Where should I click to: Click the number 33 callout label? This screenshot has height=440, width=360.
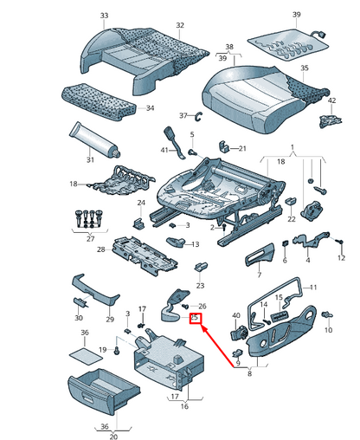(104, 16)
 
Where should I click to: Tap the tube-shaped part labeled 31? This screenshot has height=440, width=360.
(94, 140)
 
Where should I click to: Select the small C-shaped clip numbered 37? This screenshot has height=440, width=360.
(199, 116)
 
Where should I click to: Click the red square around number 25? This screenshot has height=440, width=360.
(195, 319)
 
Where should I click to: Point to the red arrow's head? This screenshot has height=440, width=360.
(204, 328)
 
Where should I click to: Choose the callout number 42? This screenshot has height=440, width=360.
(332, 100)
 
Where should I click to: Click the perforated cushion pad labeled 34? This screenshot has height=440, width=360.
(99, 102)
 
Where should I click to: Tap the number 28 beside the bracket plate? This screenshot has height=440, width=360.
(100, 249)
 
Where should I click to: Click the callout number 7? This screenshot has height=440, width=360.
(259, 275)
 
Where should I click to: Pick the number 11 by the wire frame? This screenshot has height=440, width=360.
(313, 288)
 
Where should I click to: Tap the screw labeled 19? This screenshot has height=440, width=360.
(117, 351)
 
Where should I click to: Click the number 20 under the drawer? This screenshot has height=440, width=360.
(113, 437)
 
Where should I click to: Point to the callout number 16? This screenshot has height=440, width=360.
(184, 406)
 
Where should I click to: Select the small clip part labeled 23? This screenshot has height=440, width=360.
(201, 267)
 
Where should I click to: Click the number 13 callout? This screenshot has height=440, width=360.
(196, 244)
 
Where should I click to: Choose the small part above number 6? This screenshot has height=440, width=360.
(285, 243)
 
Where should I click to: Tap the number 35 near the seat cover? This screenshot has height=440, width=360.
(305, 68)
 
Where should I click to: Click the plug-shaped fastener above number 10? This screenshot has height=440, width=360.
(328, 314)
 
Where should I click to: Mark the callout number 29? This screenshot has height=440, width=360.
(110, 320)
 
